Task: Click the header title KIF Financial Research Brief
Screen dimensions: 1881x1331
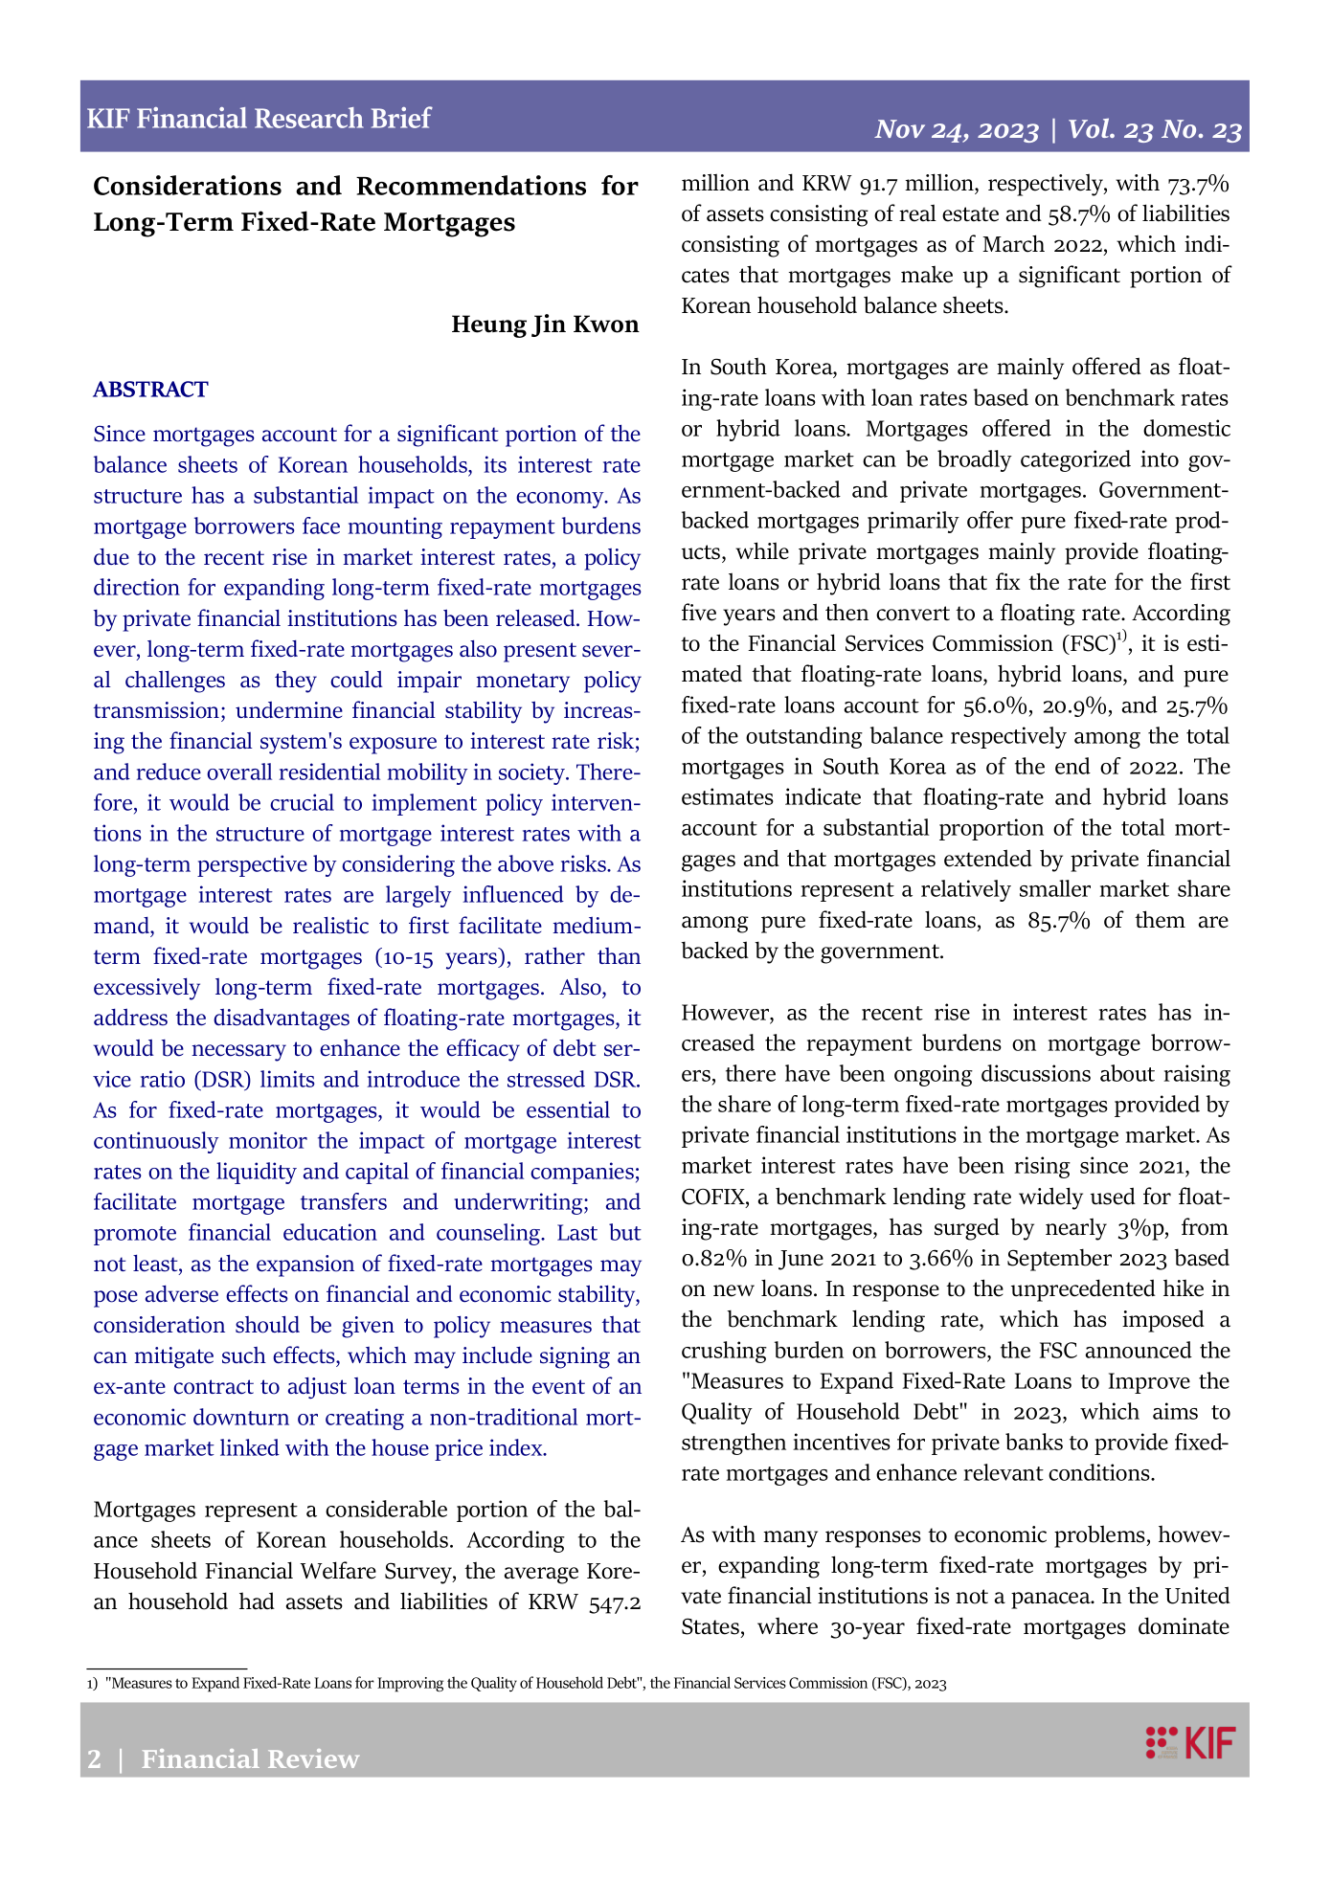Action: [x=259, y=119]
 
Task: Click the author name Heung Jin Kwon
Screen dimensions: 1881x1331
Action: [x=545, y=325]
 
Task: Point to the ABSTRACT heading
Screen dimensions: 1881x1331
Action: [x=150, y=390]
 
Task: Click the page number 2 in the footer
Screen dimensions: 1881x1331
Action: [x=94, y=1759]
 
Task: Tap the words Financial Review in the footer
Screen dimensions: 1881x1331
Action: [x=251, y=1759]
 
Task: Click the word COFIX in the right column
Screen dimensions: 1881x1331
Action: [x=712, y=1198]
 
